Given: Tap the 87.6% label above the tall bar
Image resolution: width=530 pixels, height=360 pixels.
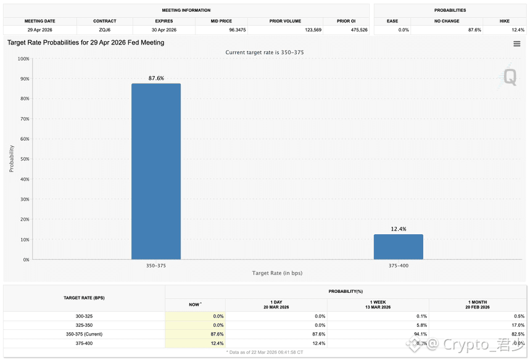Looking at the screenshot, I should [x=156, y=78].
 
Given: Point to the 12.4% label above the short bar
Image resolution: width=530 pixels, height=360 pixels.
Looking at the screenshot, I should [x=399, y=229].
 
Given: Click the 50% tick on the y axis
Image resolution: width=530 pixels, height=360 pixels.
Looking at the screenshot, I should [x=23, y=159].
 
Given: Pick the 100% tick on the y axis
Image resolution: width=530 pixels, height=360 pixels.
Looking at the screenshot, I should [x=23, y=59].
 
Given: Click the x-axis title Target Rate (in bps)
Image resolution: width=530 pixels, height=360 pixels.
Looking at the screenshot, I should [x=277, y=273].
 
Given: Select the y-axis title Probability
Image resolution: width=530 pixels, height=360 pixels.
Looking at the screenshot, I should [x=12, y=158].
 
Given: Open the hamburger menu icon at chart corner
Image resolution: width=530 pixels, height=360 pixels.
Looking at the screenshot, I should [x=517, y=43].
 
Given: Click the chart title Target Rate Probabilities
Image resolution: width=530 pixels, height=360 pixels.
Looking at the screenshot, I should [x=86, y=43].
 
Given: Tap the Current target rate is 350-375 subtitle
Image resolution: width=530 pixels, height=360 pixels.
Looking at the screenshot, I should [x=265, y=52].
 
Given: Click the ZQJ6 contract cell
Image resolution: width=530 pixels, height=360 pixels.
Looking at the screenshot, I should [x=105, y=30].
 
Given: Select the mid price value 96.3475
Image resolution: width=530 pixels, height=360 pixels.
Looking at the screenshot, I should [x=222, y=30].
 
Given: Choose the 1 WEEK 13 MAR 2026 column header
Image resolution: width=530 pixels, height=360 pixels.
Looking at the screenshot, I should [x=378, y=305].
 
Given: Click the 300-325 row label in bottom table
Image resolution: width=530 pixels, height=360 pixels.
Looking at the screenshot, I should [x=85, y=316].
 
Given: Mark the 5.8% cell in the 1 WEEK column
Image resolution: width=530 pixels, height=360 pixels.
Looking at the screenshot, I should [x=422, y=325].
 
